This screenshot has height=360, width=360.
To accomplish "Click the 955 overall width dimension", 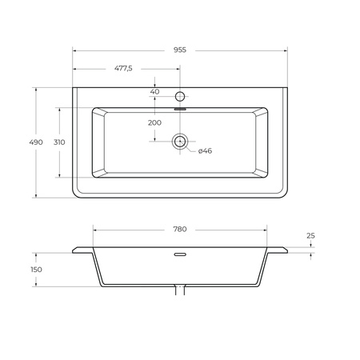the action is click(x=180, y=50).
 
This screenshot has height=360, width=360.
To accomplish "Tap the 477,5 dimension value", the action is click(x=123, y=69).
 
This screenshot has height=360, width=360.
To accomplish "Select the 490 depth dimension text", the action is click(x=36, y=142).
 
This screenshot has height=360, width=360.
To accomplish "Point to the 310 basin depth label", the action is click(x=59, y=142).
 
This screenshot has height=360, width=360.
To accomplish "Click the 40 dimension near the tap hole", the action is click(x=154, y=92).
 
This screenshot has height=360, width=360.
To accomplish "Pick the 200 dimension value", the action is click(x=154, y=122).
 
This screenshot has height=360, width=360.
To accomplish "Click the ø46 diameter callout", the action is click(x=205, y=151).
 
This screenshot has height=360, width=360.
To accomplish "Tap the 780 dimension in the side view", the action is click(x=180, y=229).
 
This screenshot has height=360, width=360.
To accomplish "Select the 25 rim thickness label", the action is click(x=310, y=236).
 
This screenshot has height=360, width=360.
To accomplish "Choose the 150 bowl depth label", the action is click(x=36, y=270).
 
